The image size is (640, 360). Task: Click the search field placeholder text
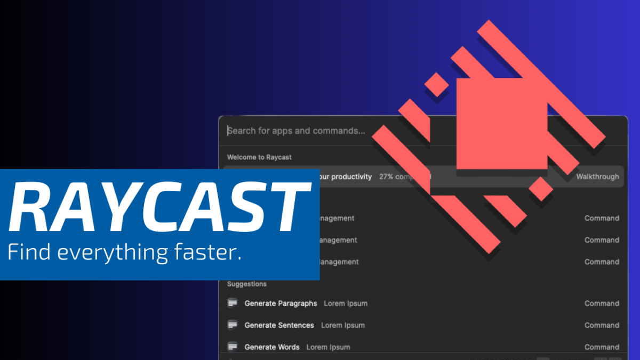coord(297,131)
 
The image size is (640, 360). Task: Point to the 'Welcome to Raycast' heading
coord(259,157)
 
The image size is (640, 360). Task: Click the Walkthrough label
coord(597,177)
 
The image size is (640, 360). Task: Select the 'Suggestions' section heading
coord(247,284)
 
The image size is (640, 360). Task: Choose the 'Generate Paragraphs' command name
coord(281,303)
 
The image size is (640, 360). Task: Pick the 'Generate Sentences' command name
coord(279,325)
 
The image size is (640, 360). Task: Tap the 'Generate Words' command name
coord(272,347)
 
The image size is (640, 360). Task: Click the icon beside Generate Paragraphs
coord(232,303)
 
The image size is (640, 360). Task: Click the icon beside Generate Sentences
coord(232,325)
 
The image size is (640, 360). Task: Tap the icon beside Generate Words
coord(232,347)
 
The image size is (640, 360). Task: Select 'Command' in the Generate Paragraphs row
coord(602,303)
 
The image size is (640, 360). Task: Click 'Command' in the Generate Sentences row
coord(602,325)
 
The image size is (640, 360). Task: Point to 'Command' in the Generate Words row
coord(602,347)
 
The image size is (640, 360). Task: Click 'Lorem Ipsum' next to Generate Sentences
coord(343,325)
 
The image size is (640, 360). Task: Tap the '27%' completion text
coord(386,177)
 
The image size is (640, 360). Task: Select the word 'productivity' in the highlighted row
coord(351,177)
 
